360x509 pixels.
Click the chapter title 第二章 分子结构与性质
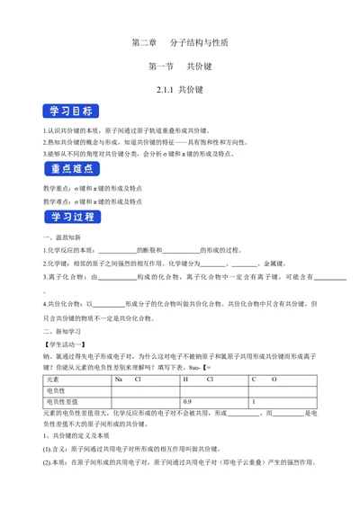pyautogui.click(x=180, y=42)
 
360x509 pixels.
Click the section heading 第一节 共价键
pyautogui.click(x=180, y=67)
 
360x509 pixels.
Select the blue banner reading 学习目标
pyautogui.click(x=69, y=112)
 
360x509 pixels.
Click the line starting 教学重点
pyautogui.click(x=99, y=189)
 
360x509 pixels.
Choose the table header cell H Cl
pyautogui.click(x=198, y=380)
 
